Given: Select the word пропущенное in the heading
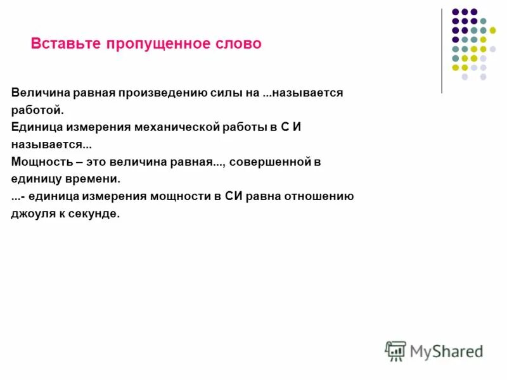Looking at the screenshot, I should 151,44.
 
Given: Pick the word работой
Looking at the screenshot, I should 37,109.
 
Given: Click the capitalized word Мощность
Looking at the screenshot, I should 37,161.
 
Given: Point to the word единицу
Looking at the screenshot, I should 35,179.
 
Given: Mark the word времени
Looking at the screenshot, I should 91,179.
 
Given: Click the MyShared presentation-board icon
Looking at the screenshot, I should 395,350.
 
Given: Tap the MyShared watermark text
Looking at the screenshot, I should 446,351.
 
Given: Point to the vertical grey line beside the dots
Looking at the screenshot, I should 442,51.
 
